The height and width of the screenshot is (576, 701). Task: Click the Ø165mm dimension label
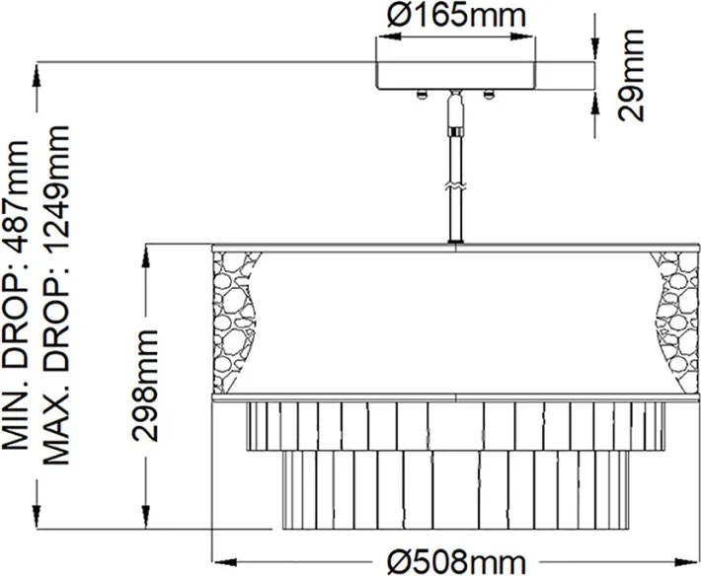pyautogui.click(x=456, y=16)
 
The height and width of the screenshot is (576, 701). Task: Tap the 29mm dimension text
pyautogui.click(x=631, y=75)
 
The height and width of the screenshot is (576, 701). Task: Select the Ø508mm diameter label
pyautogui.click(x=456, y=562)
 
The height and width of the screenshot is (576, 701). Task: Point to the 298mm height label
pyautogui.click(x=145, y=386)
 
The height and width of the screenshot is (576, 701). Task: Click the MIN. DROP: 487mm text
pyautogui.click(x=16, y=295)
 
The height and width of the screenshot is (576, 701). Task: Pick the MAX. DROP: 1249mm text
pyautogui.click(x=57, y=295)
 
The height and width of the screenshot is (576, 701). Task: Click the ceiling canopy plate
pyautogui.click(x=455, y=76)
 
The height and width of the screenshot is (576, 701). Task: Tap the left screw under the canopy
pyautogui.click(x=422, y=95)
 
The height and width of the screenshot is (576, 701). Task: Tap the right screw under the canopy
pyautogui.click(x=489, y=95)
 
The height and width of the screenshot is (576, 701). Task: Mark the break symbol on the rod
pyautogui.click(x=455, y=187)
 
